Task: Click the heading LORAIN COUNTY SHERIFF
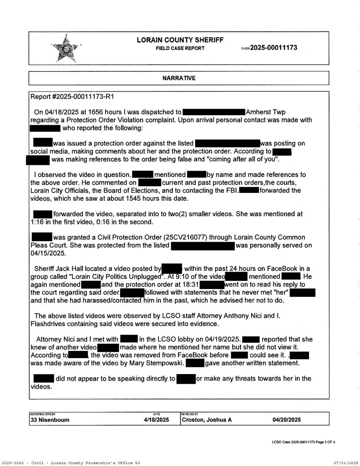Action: coord(180,40)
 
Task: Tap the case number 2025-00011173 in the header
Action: coord(274,48)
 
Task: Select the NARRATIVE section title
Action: coord(179,78)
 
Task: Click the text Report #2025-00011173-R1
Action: coord(71,97)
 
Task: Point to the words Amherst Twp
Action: coord(266,111)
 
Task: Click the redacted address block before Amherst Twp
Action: coord(214,111)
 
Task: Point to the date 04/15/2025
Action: coord(48,253)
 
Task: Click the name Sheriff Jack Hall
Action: coord(59,269)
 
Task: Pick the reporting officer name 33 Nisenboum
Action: coord(50,420)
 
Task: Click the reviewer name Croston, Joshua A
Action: coord(207,420)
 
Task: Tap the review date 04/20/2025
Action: coord(287,420)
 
